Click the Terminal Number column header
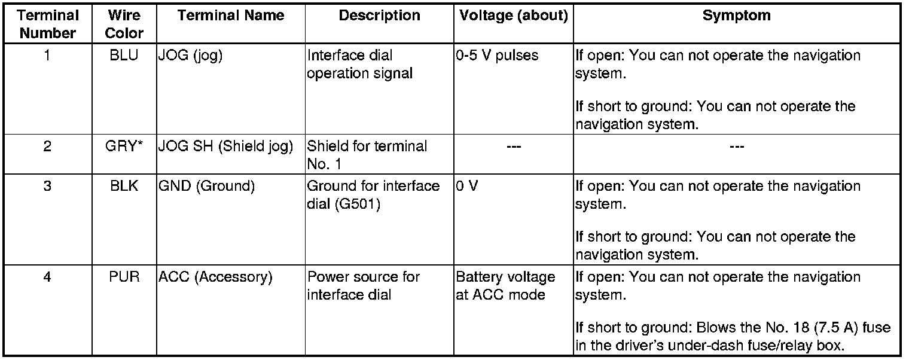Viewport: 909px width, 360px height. coord(48,24)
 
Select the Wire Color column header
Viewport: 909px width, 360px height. coord(124,24)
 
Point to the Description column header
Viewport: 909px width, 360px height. coord(379,16)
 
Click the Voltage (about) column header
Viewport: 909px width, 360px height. coord(513,16)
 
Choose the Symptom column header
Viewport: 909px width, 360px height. coord(736,16)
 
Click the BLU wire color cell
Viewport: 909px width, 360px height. coord(124,56)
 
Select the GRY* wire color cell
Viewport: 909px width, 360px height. coord(124,147)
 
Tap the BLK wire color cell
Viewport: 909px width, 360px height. coord(124,187)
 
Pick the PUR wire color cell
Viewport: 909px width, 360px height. coord(124,277)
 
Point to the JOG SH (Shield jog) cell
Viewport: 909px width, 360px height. coord(225,147)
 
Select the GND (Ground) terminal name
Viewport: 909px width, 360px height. coord(207,187)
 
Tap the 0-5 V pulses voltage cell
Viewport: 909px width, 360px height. coord(497,56)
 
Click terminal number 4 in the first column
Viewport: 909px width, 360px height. coord(48,277)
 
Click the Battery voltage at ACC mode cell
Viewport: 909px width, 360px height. coord(505,286)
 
